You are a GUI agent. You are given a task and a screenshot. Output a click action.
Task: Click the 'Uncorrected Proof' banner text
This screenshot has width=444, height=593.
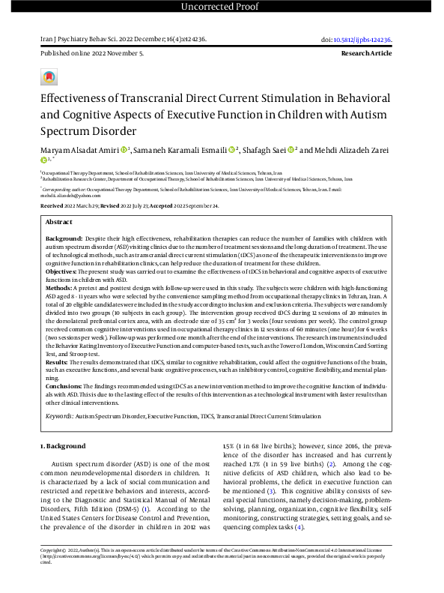point(222,7)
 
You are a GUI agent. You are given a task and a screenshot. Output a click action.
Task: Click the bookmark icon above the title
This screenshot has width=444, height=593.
point(49,77)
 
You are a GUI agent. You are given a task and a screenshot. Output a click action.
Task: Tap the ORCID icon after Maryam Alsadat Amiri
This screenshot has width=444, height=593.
point(124,150)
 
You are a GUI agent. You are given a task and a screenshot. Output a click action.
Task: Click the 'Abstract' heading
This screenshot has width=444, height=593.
point(60,222)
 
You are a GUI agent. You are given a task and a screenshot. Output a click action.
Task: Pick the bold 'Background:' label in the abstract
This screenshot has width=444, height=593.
point(64,237)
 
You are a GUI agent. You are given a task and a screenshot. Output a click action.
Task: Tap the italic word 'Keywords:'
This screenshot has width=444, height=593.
point(60,415)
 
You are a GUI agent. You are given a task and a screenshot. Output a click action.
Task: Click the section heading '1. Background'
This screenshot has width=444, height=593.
point(63,447)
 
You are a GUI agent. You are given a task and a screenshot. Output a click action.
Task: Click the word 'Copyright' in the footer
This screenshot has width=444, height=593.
point(54,571)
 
